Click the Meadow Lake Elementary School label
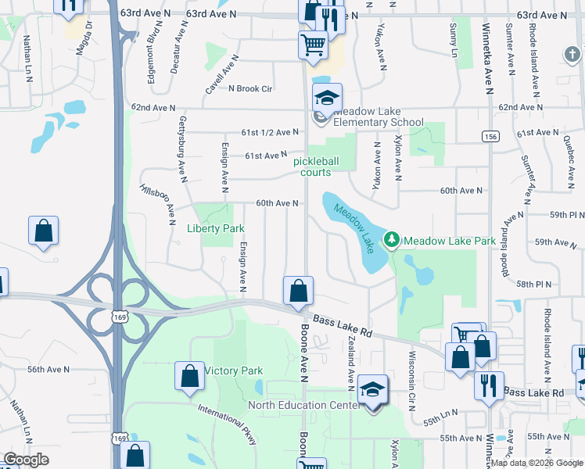pyautogui.click(x=379, y=116)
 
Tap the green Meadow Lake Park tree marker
pyautogui.click(x=392, y=238)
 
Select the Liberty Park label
pyautogui.click(x=216, y=228)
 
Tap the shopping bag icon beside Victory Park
pyautogui.click(x=189, y=376)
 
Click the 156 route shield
pyautogui.click(x=490, y=136)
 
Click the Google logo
pyautogui.click(x=27, y=460)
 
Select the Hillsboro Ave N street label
pyautogui.click(x=156, y=202)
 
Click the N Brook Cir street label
pyautogui.click(x=249, y=88)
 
